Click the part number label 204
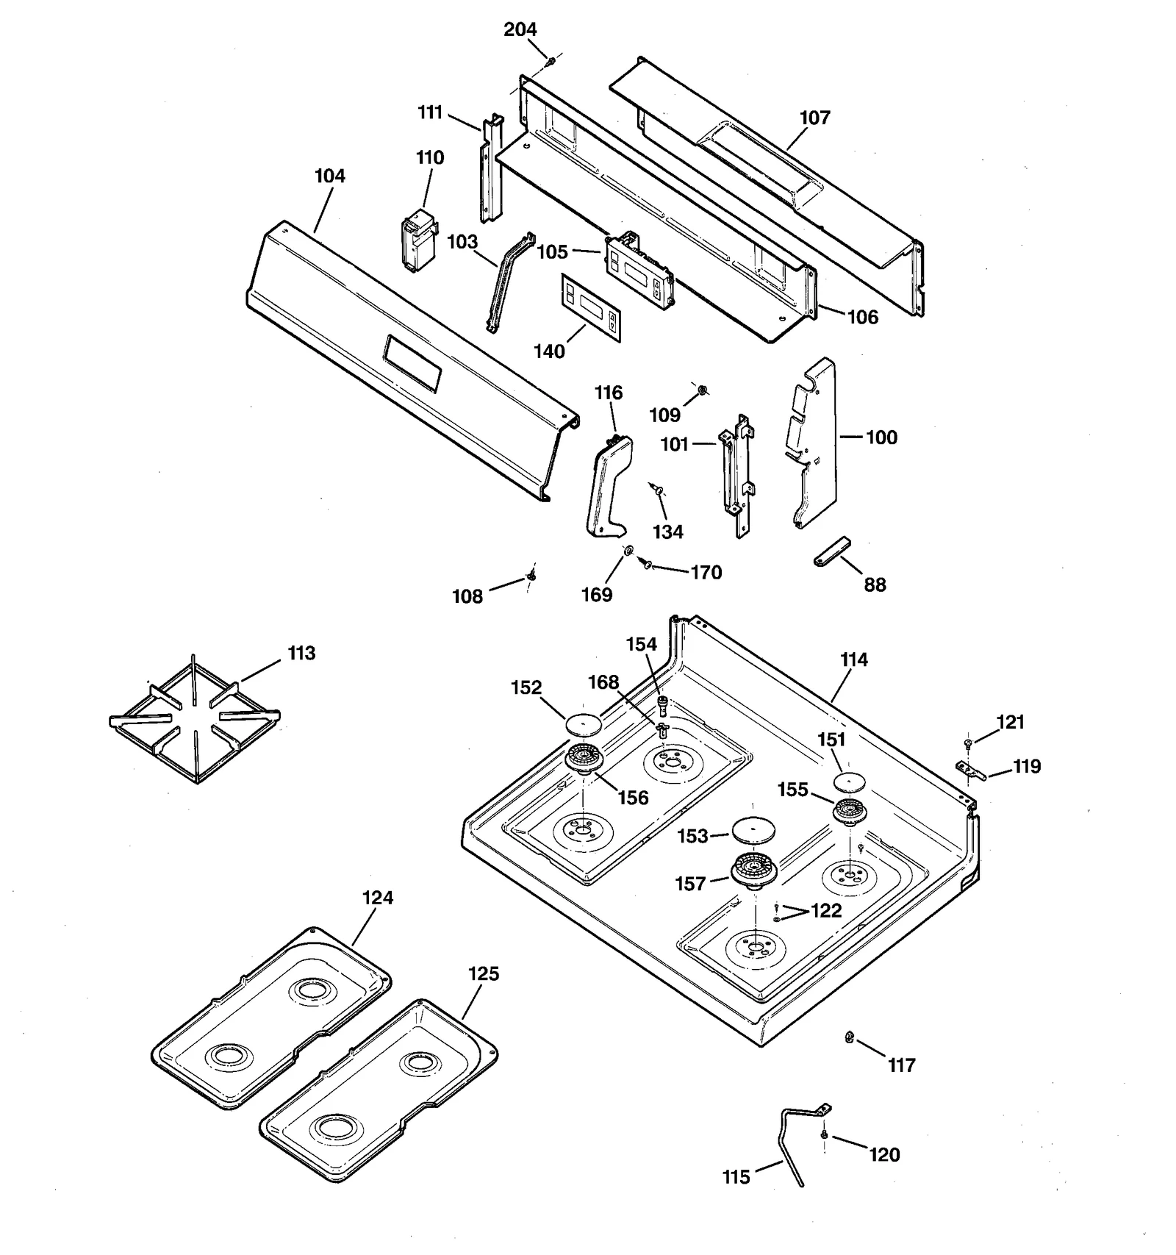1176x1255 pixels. click(520, 29)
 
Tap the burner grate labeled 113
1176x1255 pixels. click(194, 718)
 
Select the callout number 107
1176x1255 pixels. click(814, 118)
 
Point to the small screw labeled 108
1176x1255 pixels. click(531, 577)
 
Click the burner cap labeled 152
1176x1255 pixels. click(584, 723)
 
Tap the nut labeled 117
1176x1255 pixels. click(849, 1037)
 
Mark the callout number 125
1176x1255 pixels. click(484, 973)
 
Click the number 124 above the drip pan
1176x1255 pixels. click(378, 898)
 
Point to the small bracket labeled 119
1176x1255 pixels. click(969, 770)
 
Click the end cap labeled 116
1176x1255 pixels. click(607, 486)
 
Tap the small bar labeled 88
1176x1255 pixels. click(831, 551)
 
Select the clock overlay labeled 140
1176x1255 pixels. click(591, 307)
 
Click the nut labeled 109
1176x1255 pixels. click(701, 390)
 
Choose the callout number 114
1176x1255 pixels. click(853, 659)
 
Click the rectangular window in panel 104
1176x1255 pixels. click(412, 363)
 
